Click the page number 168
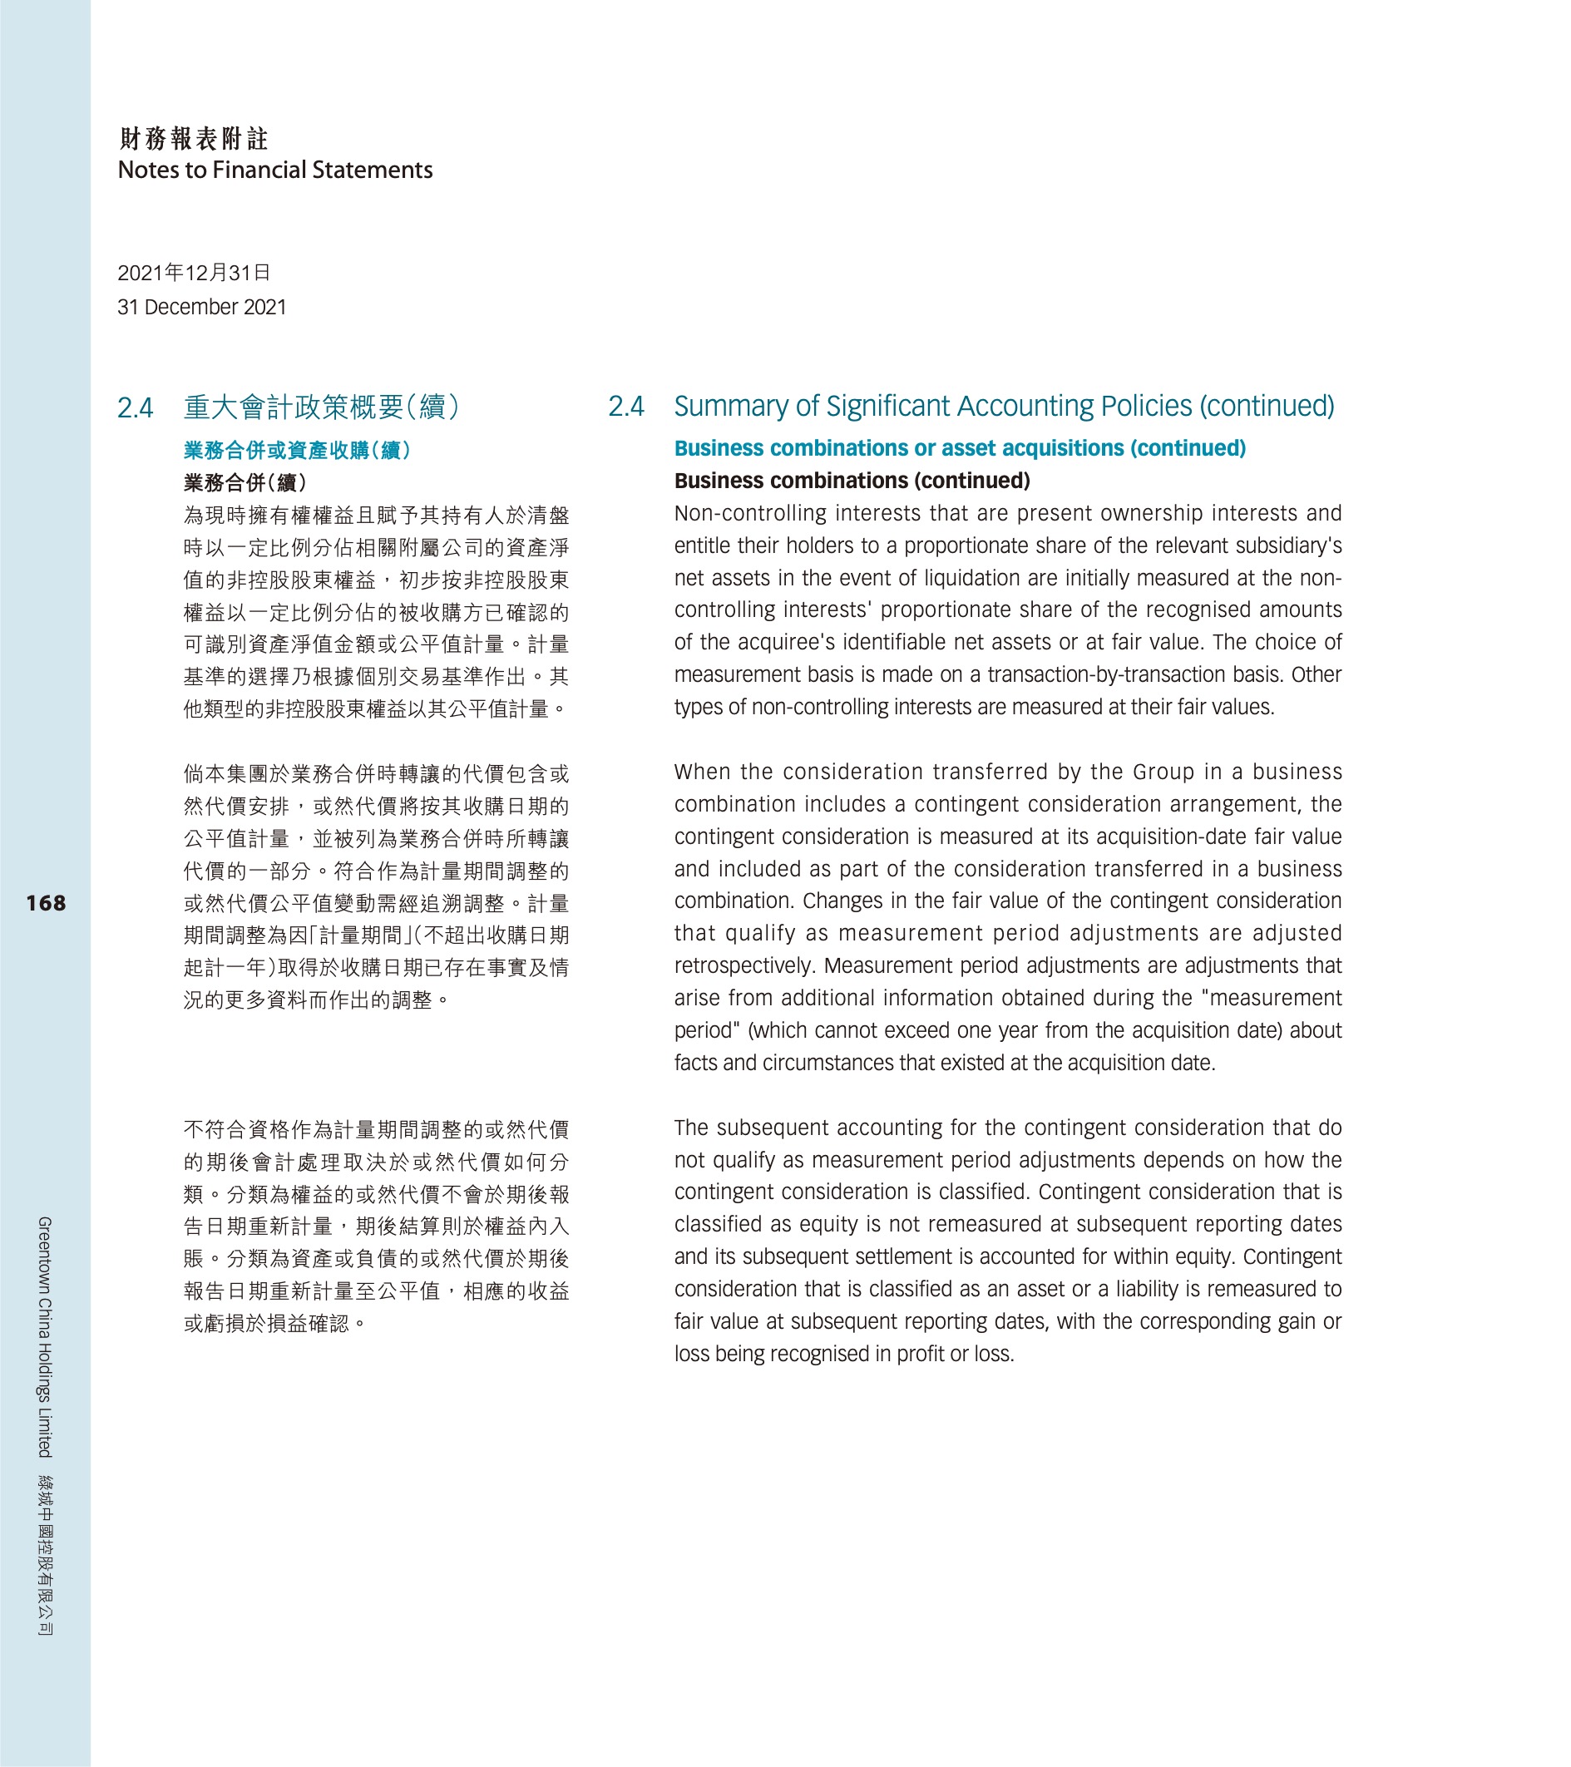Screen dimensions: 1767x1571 coord(46,903)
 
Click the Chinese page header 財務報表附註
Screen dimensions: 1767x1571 coord(194,138)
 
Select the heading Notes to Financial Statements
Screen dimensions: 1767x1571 coord(275,170)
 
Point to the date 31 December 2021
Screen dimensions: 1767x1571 coord(201,307)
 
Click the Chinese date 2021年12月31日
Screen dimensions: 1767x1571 coord(194,274)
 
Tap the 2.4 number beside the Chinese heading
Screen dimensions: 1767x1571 coord(136,407)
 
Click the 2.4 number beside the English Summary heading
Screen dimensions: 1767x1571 coord(626,407)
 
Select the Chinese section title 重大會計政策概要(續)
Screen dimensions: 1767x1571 coord(322,407)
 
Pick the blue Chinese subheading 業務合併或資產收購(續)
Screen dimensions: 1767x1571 coord(297,451)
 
